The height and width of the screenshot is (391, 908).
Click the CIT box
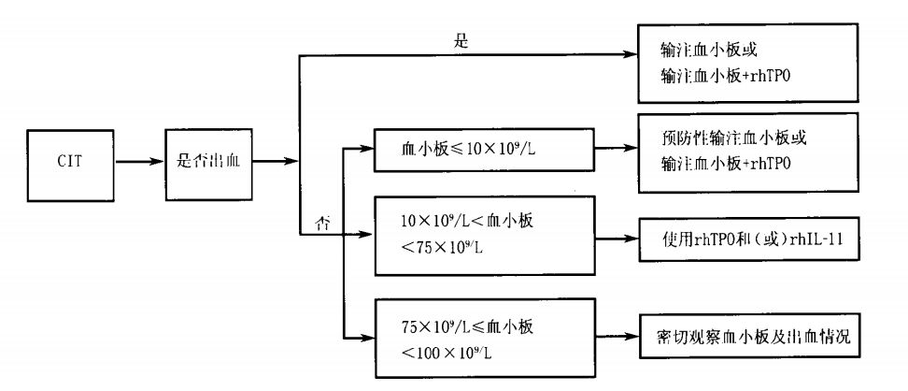71,164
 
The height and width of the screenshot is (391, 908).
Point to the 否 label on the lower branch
321,225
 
